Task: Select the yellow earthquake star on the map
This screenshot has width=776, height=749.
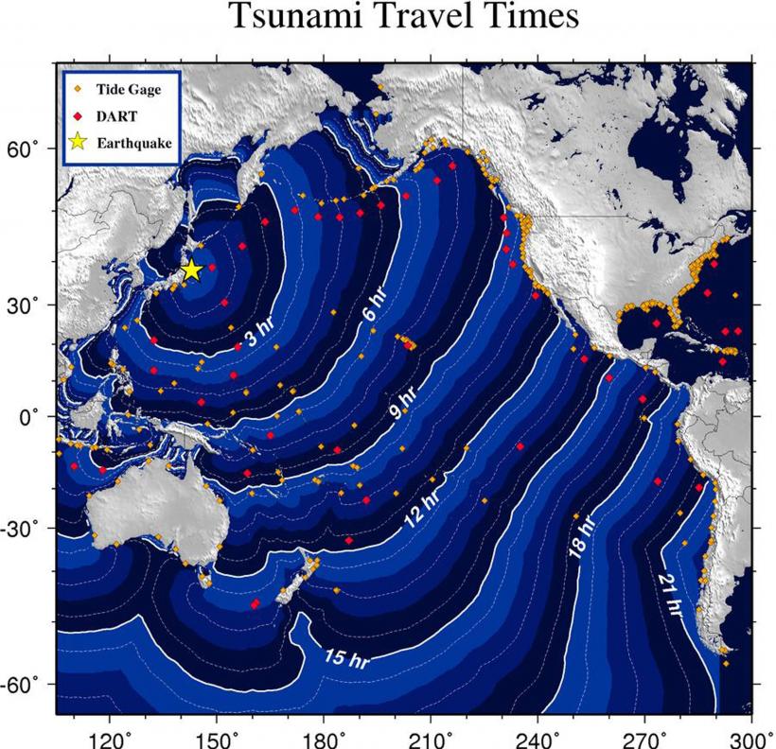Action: click(x=191, y=270)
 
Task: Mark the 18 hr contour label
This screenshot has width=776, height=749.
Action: click(x=580, y=539)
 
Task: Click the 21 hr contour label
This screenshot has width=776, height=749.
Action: click(x=671, y=593)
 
